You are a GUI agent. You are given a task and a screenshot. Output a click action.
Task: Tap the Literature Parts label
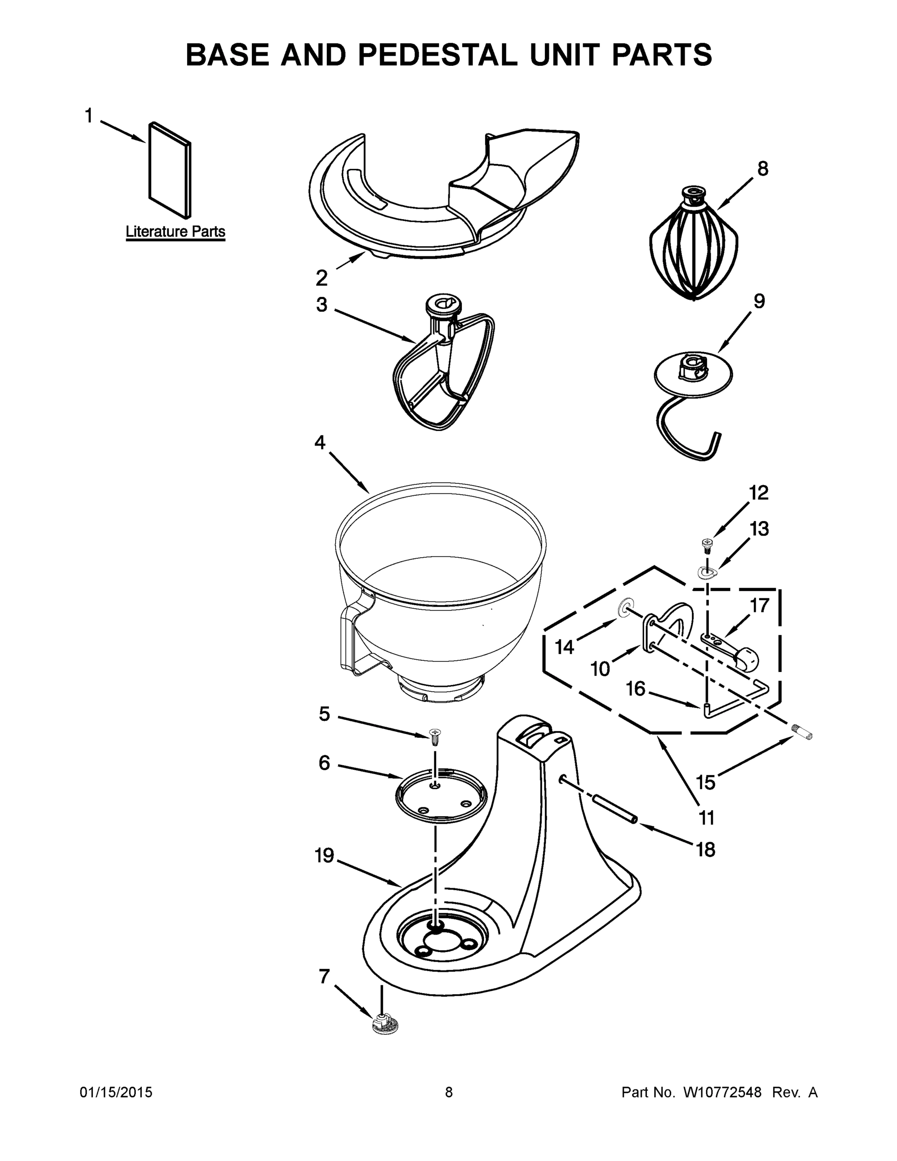[x=176, y=232]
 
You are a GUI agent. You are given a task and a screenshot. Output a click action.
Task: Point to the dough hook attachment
[x=691, y=404]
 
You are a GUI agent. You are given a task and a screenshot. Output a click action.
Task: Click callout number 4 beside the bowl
[x=320, y=442]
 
